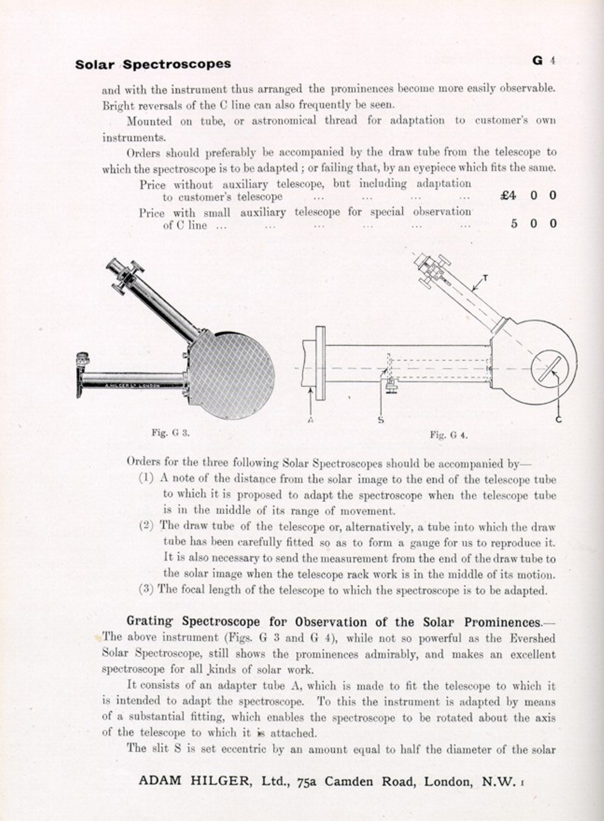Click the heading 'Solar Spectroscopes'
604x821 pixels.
153,64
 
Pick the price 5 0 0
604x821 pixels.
533,224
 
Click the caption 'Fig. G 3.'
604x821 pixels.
170,432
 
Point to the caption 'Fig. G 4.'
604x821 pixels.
448,435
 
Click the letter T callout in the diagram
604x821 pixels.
485,278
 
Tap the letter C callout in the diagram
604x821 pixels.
559,420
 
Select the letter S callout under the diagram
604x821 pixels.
381,420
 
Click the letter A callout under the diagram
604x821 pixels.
310,420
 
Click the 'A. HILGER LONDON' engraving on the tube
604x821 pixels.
133,385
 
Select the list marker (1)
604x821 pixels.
146,479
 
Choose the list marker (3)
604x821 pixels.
146,589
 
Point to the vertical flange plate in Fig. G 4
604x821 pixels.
320,363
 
